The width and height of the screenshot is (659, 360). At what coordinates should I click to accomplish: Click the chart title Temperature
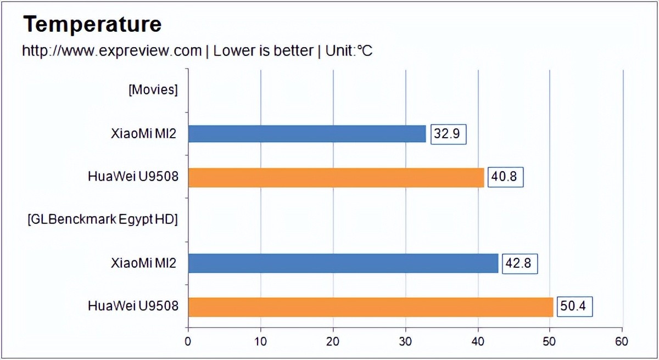click(x=92, y=24)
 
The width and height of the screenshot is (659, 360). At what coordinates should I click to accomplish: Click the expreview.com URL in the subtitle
click(x=112, y=51)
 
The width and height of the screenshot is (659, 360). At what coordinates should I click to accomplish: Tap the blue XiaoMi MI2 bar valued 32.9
click(x=307, y=133)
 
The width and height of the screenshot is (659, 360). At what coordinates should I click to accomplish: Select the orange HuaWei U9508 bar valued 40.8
click(x=336, y=177)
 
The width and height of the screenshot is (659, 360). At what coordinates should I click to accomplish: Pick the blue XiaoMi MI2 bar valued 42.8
click(x=343, y=263)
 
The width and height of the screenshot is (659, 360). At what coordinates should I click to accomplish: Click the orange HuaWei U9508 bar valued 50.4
click(x=371, y=307)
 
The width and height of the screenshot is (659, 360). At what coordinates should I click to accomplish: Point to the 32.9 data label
click(x=449, y=134)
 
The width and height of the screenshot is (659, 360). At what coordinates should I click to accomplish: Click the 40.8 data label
click(x=505, y=177)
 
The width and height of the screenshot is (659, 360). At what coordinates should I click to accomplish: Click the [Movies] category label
click(x=153, y=90)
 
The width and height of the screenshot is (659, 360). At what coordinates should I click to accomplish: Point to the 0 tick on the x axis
click(x=188, y=341)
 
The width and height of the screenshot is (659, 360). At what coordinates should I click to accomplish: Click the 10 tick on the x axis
click(x=261, y=341)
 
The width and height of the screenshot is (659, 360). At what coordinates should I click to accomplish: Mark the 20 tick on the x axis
click(x=333, y=341)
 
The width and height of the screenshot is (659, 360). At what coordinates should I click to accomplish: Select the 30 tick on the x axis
click(x=406, y=341)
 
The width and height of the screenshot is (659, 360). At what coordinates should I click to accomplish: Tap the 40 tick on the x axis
click(x=478, y=341)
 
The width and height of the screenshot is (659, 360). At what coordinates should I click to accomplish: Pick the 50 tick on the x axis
click(x=550, y=341)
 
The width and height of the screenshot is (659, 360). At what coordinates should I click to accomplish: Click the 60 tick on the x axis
click(x=623, y=341)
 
